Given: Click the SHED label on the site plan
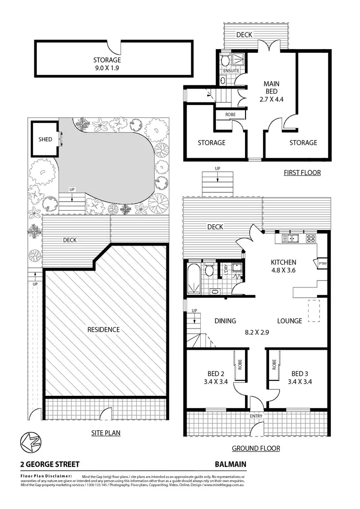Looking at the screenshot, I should (x=45, y=140).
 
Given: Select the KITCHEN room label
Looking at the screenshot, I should (x=283, y=263).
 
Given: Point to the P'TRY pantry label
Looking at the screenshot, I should (x=323, y=263).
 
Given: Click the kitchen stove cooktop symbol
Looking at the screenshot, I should (x=311, y=238).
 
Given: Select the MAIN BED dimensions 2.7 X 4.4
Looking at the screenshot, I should (x=271, y=99).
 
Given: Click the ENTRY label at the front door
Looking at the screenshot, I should (x=256, y=416).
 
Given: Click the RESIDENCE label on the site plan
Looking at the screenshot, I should (x=103, y=329).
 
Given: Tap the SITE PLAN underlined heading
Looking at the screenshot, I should (x=105, y=433).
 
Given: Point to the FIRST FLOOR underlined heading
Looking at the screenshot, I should (x=302, y=172).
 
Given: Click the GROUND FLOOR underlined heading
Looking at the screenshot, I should (x=256, y=448).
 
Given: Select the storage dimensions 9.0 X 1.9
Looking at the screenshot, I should (x=107, y=68).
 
